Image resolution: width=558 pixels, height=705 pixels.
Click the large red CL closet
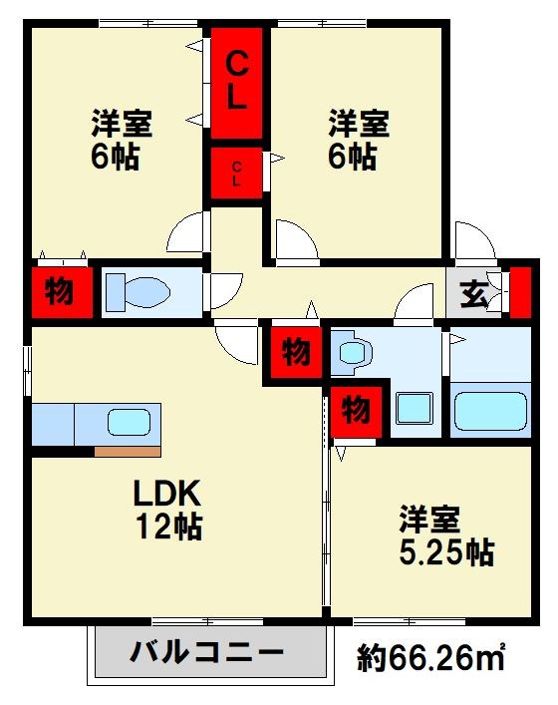[236, 83]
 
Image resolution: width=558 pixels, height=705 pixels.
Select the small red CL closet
[236, 174]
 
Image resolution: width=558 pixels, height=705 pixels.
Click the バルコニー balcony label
[207, 651]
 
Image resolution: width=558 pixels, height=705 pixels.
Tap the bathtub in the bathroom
[490, 411]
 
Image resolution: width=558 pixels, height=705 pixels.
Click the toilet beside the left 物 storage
[139, 292]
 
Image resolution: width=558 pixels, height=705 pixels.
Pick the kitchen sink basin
[129, 422]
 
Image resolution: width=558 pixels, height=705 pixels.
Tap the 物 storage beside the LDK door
[296, 352]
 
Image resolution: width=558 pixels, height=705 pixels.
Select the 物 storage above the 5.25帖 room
[356, 411]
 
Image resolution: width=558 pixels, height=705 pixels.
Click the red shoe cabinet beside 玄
[521, 292]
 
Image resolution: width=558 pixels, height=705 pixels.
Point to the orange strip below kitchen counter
[128, 452]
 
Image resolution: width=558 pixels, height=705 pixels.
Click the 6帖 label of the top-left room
[115, 157]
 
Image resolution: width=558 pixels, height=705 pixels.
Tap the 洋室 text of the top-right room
[359, 123]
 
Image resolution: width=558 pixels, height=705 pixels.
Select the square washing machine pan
[415, 408]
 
